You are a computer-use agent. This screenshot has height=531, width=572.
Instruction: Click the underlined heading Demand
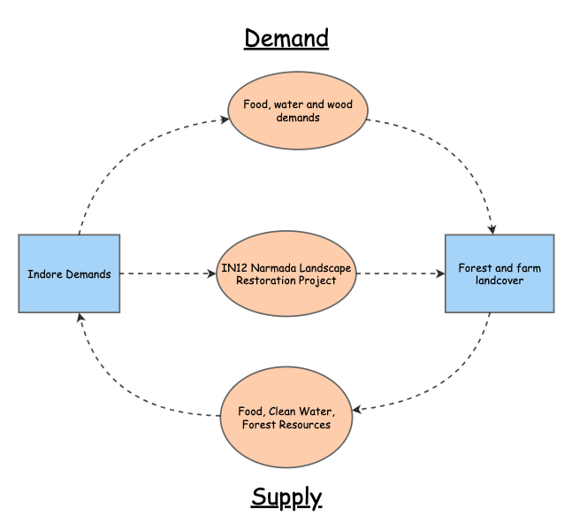(x=286, y=39)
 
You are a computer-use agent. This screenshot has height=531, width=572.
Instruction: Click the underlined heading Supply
(x=286, y=496)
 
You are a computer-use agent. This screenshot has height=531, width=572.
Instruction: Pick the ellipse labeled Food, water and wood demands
(x=297, y=111)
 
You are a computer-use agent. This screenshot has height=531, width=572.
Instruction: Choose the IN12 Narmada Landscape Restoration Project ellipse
(x=286, y=273)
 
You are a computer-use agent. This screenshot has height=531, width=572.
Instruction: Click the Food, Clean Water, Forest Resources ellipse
(x=286, y=418)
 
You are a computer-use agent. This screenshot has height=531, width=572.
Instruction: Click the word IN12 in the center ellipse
(x=234, y=267)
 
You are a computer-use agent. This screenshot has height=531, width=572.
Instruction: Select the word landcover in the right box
(x=500, y=281)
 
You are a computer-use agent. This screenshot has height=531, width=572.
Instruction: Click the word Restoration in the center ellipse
(x=269, y=281)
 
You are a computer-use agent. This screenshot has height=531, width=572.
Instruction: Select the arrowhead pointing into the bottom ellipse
(x=356, y=409)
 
